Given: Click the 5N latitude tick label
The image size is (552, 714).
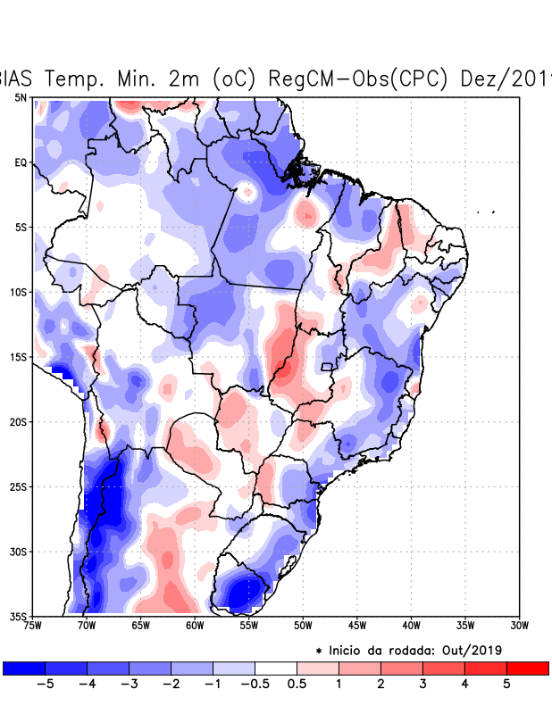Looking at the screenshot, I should [21, 97].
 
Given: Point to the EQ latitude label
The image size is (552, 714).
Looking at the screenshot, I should [21, 162].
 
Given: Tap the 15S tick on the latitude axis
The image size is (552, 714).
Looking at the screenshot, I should [19, 357].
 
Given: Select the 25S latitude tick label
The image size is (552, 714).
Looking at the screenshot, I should [19, 486].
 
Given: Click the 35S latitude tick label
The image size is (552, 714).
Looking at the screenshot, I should [19, 616].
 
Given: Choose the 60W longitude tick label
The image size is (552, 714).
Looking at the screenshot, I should [194, 626].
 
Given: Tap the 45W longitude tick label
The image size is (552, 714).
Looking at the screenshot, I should [356, 626].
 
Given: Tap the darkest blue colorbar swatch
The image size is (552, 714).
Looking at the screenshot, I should [23, 668].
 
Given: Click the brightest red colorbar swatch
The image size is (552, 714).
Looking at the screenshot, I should [527, 668].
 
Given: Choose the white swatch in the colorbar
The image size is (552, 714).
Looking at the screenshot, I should [275, 668].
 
